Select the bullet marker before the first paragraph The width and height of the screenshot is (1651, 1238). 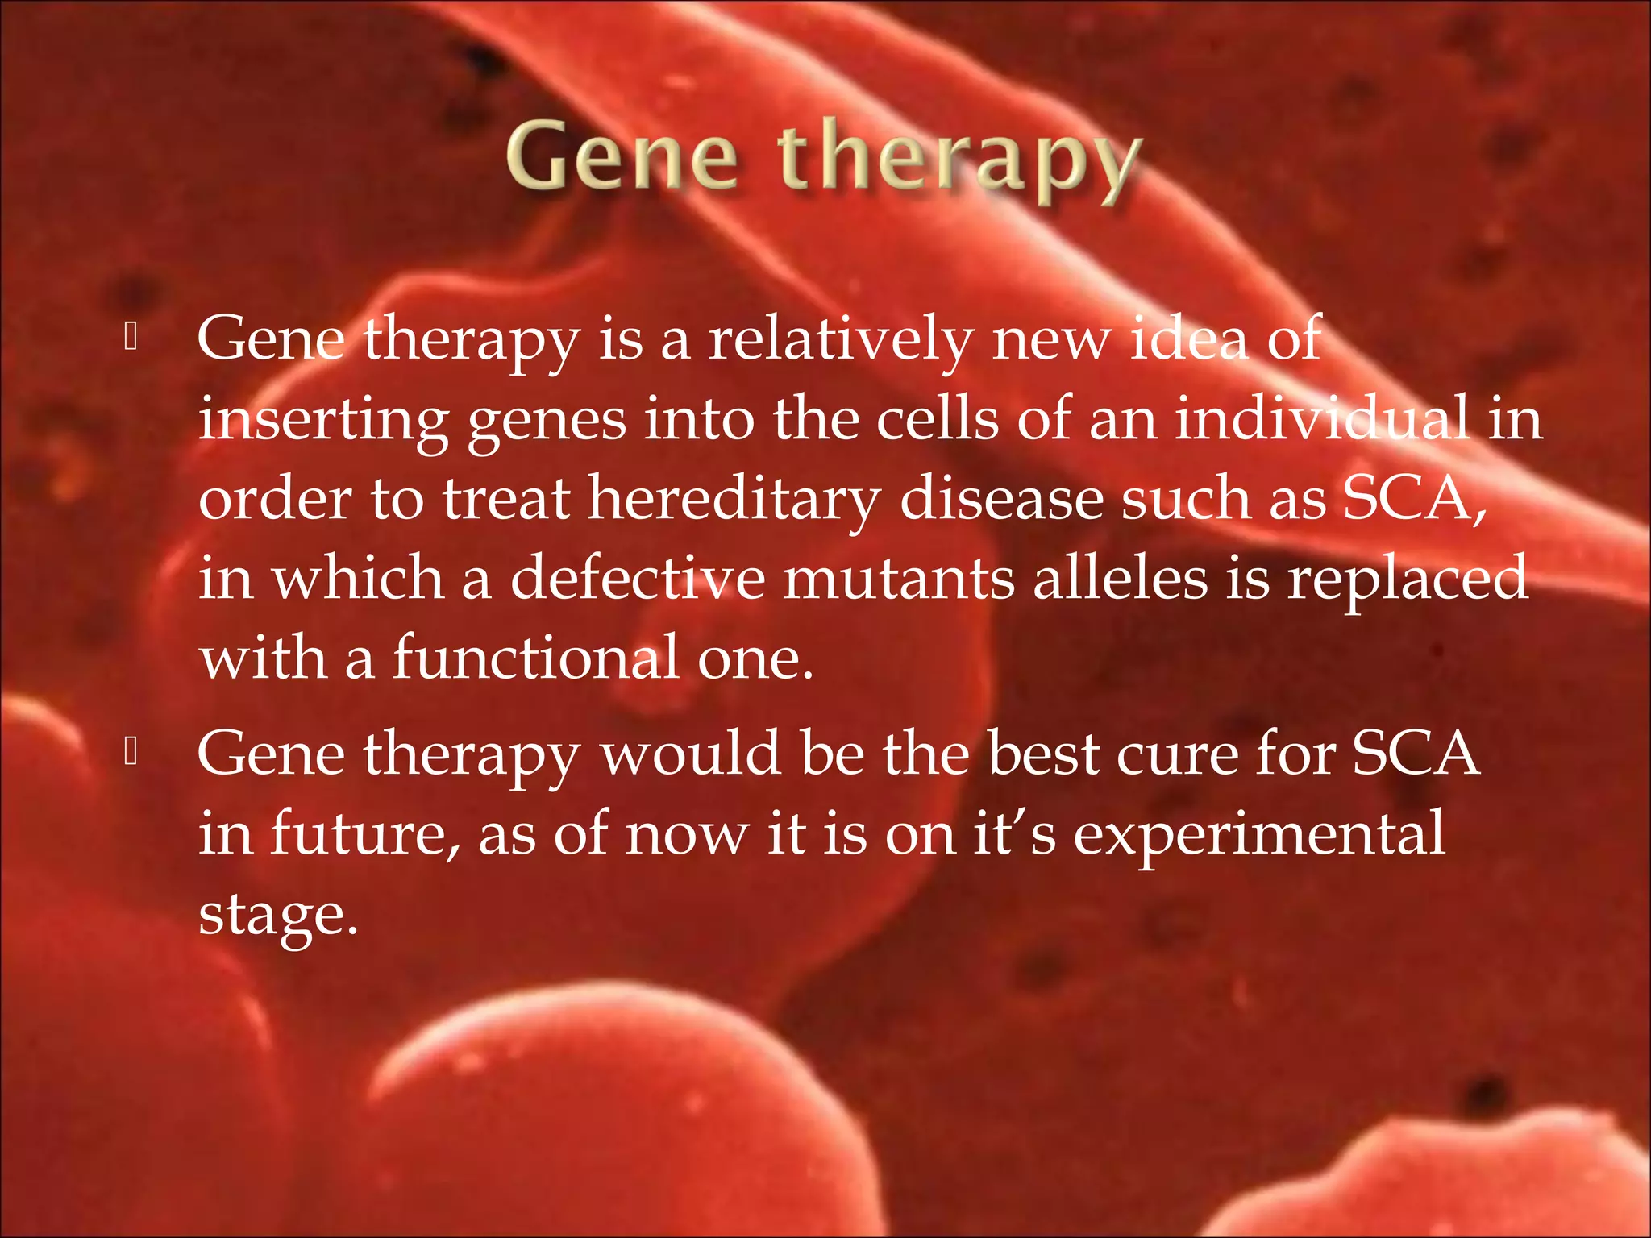tap(131, 338)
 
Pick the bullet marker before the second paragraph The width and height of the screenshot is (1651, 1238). tap(131, 753)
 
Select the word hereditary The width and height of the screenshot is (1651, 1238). tap(734, 499)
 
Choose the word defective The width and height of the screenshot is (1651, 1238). tap(638, 578)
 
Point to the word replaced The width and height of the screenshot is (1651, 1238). tap(1406, 578)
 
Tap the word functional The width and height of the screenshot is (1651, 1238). tap(536, 658)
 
